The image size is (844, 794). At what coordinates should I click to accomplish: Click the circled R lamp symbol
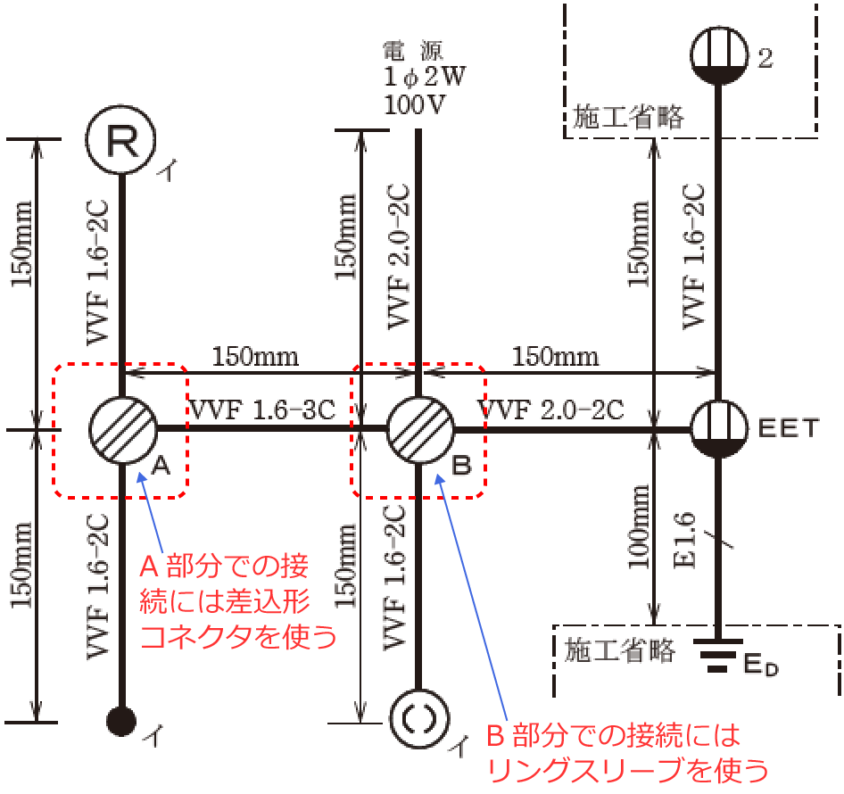pos(121,140)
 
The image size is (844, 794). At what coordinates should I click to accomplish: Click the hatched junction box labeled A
pos(123,430)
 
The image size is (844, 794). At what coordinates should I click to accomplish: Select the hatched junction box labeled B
pos(420,430)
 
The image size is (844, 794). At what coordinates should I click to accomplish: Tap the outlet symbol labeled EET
pos(719,430)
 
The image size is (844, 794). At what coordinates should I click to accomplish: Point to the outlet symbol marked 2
pos(719,55)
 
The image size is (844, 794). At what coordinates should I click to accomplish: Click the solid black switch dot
pos(121,721)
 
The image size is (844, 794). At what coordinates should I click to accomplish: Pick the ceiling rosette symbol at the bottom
pos(418,719)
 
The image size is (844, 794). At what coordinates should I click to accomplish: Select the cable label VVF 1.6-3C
pos(262,409)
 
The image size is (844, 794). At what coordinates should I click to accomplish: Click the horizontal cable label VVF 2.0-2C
pos(551,409)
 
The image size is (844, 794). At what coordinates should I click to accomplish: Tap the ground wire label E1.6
pos(684,540)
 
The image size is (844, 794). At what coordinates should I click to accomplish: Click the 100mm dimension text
pos(639,526)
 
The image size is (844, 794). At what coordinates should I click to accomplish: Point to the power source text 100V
pos(415,103)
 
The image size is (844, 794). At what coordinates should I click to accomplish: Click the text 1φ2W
pos(425,77)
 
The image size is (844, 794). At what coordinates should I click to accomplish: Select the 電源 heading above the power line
pos(413,51)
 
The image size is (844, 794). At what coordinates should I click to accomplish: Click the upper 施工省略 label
pos(627,117)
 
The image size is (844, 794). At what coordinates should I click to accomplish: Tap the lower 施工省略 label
pos(619,650)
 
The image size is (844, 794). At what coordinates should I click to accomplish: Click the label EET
pos(789,428)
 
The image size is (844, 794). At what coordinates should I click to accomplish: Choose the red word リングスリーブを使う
pos(627,770)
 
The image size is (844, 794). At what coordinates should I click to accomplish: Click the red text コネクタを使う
pos(238,637)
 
